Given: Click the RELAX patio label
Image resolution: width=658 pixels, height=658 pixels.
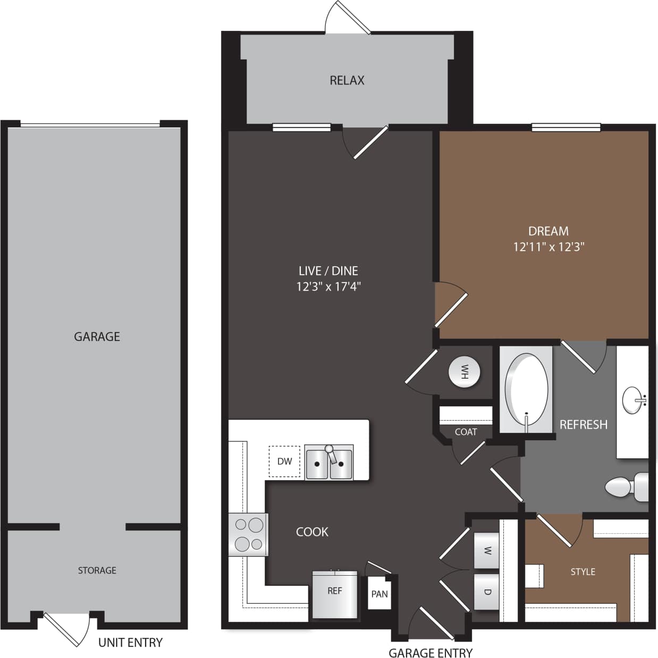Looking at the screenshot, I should pos(347,80).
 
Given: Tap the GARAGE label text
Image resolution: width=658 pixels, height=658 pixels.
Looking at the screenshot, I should pos(97,336).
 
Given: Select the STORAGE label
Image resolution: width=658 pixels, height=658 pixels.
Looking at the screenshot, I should pos(97,570).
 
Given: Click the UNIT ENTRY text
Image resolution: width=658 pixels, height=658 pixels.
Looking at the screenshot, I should pos(130,643).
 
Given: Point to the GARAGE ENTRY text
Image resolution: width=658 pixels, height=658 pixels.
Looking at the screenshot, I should pos(430,653).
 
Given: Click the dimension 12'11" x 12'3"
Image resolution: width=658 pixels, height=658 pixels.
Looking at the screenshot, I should pos(549,247).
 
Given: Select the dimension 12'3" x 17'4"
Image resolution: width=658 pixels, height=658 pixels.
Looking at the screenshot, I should pos(328,287).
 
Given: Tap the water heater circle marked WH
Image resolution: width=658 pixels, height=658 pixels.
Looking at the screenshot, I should pos(465,372).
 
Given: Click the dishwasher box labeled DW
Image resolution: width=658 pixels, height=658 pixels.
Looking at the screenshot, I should pos(284,461).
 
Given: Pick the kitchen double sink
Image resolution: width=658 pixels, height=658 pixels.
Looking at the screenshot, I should pos(328,463).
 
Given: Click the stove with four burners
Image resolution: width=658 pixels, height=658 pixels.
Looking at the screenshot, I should pos(249,534).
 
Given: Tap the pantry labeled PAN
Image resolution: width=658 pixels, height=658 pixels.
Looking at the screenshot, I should pos(379,594).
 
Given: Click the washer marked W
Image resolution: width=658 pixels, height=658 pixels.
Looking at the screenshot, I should pos(486,551).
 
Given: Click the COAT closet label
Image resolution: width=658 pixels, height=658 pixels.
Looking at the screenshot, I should pos(466,432).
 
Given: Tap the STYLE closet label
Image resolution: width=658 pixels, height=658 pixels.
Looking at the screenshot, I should pos(583,571).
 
